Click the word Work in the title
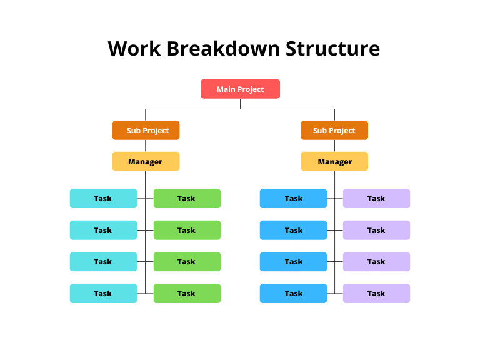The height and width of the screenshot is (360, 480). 134,49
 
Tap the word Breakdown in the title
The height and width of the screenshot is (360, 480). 224,48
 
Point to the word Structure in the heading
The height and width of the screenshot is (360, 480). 332,48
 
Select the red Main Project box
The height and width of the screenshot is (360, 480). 240,89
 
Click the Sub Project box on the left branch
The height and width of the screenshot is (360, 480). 146,130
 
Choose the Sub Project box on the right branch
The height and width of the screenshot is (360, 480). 334,130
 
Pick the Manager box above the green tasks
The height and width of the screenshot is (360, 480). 146,161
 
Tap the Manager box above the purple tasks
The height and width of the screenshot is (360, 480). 334,161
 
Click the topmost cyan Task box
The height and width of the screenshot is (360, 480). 104,198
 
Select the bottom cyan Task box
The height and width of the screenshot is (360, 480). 104,293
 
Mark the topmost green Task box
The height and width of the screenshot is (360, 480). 187,198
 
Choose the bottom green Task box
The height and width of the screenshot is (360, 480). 187,293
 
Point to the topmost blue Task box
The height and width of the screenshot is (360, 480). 293,198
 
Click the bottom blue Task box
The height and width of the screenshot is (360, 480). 293,293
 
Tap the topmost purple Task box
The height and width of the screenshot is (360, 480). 376,198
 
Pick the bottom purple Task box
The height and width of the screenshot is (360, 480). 376,293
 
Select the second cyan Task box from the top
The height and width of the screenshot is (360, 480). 104,230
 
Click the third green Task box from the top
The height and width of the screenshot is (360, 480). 187,262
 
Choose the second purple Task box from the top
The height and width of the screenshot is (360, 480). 376,230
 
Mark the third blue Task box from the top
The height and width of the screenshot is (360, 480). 293,262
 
